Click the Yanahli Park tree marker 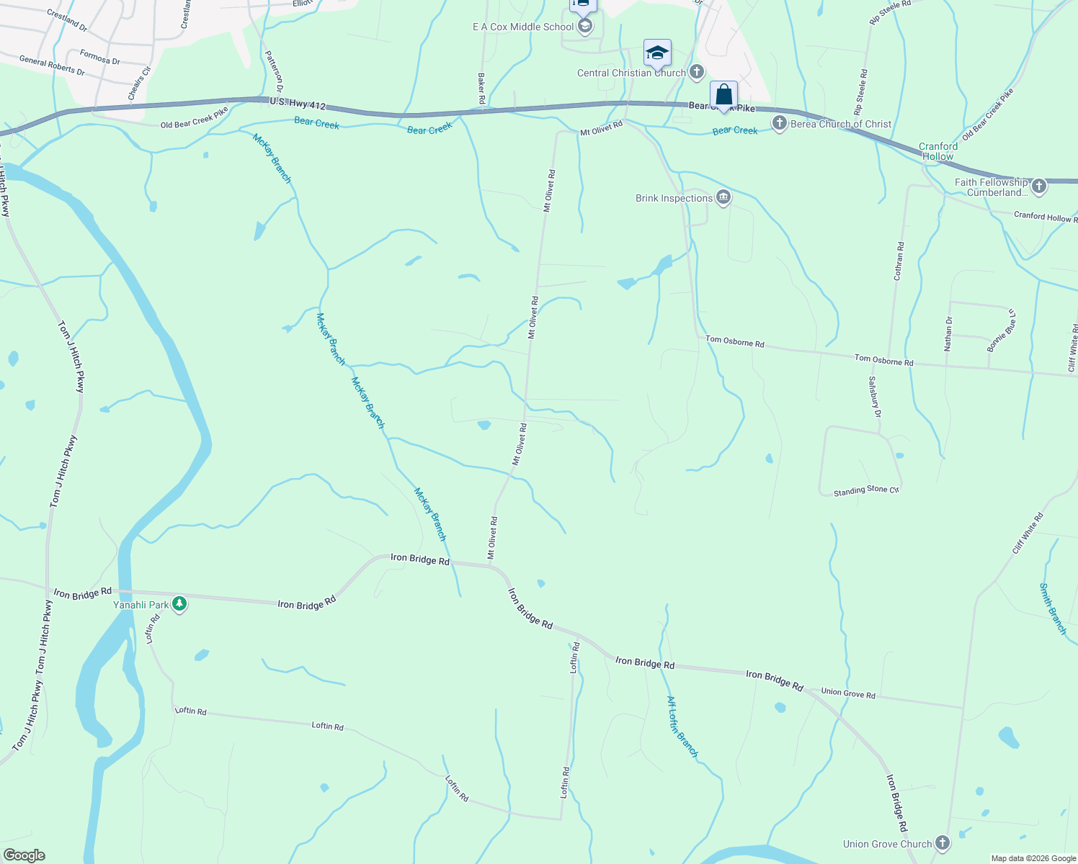point(180,605)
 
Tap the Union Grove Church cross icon point(942,843)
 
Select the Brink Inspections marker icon point(723,198)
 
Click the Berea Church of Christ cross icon point(779,123)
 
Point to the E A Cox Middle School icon point(585,27)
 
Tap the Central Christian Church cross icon point(696,72)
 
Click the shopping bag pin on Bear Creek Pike point(723,95)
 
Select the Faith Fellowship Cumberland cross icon point(1038,186)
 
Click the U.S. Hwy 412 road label point(298,104)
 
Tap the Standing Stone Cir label point(866,491)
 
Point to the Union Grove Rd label point(848,693)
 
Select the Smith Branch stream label point(1052,608)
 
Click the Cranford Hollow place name point(937,151)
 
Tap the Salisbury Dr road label point(874,397)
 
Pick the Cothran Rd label point(899,261)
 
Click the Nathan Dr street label point(948,334)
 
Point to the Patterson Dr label point(274,71)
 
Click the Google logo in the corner point(24,855)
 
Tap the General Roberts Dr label point(52,66)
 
